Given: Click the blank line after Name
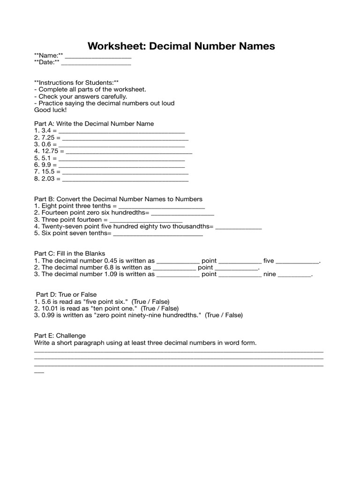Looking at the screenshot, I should [98, 57].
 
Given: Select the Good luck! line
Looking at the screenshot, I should [51, 110].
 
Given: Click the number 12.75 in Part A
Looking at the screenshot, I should [50, 151].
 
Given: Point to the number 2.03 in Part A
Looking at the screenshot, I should [48, 179].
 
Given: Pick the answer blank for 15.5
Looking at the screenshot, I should [124, 173].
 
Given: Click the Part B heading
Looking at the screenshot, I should [118, 199].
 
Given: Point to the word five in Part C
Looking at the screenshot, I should [269, 261].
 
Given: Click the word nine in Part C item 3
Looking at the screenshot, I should [270, 274].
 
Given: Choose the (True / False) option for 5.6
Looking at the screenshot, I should [150, 301].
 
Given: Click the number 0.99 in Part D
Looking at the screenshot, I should [48, 315].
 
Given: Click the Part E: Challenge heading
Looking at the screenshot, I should [60, 336].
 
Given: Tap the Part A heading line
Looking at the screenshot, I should [94, 124].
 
